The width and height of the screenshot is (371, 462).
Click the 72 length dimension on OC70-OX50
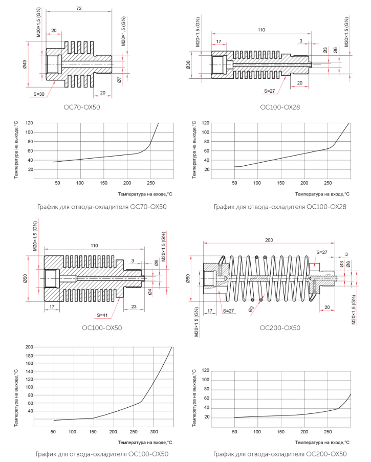(79, 8)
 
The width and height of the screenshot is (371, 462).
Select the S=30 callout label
(39, 94)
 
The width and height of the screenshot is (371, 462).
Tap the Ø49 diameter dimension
(25, 64)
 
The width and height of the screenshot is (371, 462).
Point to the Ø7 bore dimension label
(119, 79)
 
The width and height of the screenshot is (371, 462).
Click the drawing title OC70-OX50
(82, 107)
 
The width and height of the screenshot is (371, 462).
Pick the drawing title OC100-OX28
(280, 107)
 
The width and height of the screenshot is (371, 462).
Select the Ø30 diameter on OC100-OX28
(188, 65)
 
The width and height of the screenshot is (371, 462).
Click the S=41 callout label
(102, 315)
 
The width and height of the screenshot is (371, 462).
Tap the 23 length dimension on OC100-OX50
(134, 306)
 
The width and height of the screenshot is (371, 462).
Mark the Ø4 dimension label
(150, 292)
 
